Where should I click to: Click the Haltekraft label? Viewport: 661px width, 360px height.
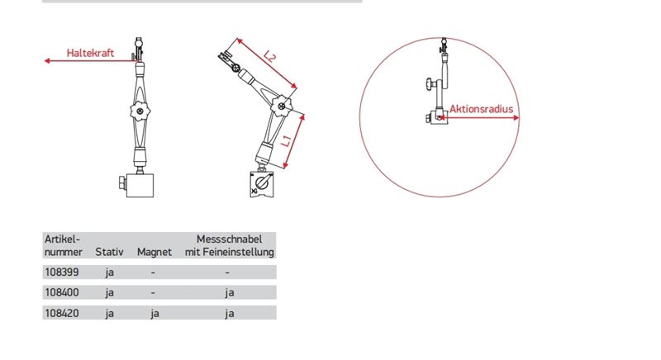click(x=90, y=53)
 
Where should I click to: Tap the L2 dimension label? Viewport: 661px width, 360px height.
click(x=269, y=56)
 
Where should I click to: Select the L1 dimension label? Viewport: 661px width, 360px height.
click(x=286, y=141)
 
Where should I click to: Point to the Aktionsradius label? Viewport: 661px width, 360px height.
click(x=481, y=109)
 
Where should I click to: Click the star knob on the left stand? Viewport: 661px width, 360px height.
click(x=140, y=111)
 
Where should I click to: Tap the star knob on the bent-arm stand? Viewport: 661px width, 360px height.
click(x=281, y=105)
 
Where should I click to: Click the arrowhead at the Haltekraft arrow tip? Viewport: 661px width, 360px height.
click(x=47, y=60)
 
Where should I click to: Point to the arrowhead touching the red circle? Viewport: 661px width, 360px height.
click(x=516, y=118)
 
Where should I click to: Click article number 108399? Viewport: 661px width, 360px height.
click(x=61, y=272)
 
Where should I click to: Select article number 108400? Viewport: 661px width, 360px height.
click(x=61, y=292)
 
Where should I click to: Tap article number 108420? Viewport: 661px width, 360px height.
click(x=61, y=313)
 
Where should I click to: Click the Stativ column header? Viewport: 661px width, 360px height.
click(x=109, y=252)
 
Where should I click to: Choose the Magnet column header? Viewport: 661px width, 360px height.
click(x=155, y=252)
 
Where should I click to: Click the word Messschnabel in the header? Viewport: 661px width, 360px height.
click(x=230, y=239)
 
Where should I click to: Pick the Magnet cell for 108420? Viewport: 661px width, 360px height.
click(x=155, y=313)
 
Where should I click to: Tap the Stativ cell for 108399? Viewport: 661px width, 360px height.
click(x=110, y=272)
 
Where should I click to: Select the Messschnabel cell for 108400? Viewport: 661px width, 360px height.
click(x=230, y=292)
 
